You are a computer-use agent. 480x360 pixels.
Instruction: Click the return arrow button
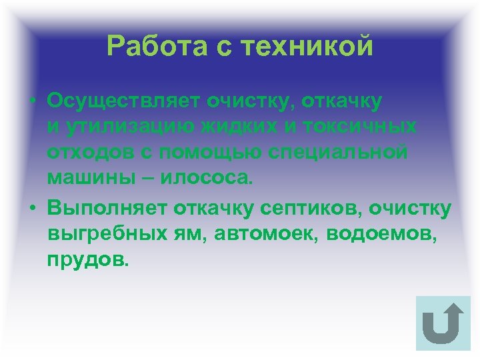(443, 323)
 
